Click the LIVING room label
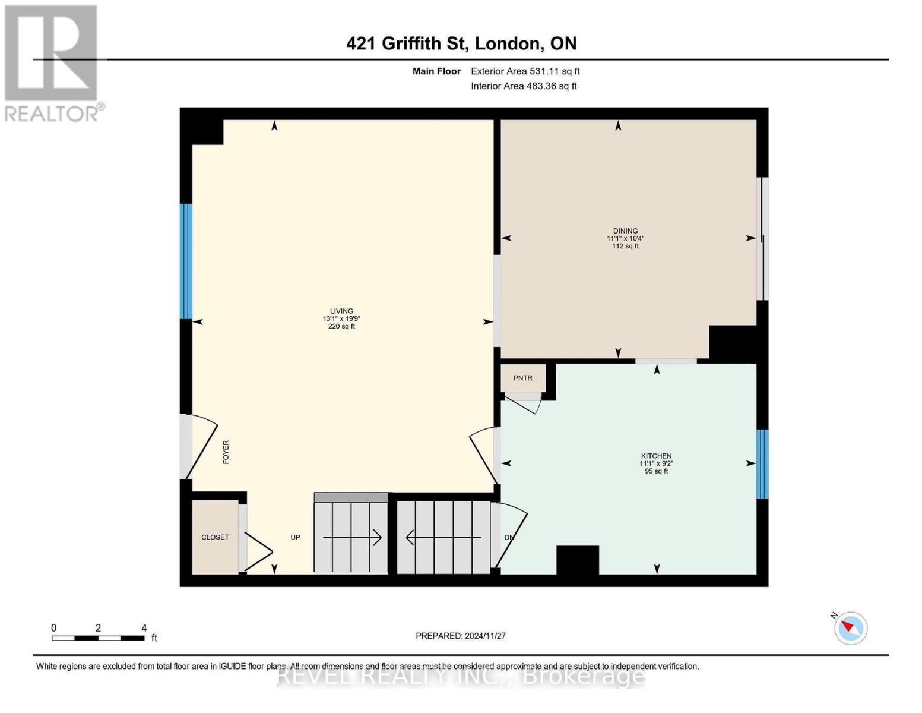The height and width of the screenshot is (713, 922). [341, 311]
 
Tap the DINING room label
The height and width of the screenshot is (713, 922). [625, 231]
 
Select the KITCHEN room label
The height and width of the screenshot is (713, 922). [656, 456]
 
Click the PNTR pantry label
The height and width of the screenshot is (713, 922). [522, 378]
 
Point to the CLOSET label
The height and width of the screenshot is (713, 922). [215, 537]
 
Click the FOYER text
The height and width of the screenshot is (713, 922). [226, 452]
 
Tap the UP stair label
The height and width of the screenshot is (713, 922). [295, 537]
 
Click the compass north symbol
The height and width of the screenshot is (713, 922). [850, 628]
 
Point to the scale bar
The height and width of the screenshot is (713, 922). [98, 638]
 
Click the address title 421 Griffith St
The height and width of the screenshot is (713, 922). [461, 43]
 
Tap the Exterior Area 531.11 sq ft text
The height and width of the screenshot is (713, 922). [525, 71]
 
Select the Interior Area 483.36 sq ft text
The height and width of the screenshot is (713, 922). [524, 86]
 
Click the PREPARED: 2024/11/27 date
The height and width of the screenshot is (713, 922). [461, 636]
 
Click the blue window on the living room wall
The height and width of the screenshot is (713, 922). [186, 261]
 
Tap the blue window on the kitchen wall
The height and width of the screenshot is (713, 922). [762, 464]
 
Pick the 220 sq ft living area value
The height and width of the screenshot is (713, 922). [341, 326]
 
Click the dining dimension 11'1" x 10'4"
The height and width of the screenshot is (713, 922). [625, 238]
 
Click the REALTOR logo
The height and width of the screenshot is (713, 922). [52, 62]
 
